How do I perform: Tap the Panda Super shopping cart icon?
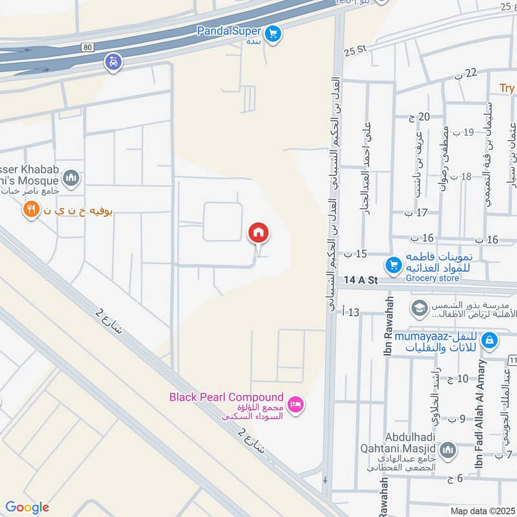point(273,32)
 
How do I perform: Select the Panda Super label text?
point(229,30)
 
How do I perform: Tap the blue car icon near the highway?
point(113,63)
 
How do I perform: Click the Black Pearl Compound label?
point(226,397)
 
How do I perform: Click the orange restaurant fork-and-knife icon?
point(30,209)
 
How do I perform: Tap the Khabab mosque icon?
point(71,178)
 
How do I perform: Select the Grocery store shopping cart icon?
point(393,265)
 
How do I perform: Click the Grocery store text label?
point(432,279)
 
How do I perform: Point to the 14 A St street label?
point(361,280)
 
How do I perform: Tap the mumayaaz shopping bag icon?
point(489,339)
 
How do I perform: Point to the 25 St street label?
point(355,50)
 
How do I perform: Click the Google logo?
point(27,507)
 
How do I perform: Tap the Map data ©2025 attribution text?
point(481,511)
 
